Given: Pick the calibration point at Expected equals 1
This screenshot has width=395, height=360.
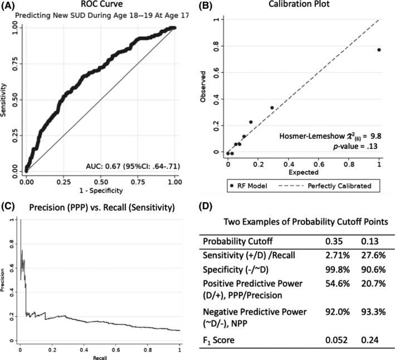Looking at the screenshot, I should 379,50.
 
